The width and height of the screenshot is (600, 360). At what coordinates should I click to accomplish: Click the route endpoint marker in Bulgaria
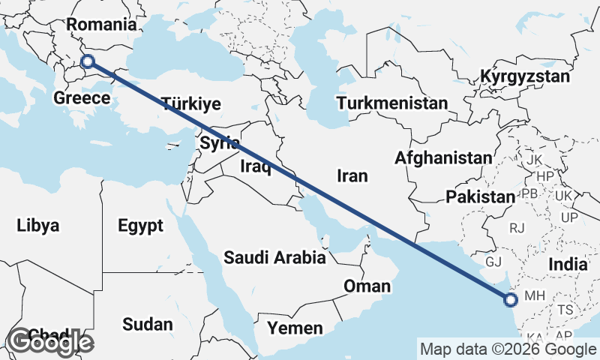(88, 62)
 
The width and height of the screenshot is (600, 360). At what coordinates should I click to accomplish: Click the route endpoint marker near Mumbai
(511, 301)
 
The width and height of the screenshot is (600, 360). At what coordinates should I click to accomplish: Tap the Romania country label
(101, 25)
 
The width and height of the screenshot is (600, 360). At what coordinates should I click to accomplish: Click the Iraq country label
(255, 166)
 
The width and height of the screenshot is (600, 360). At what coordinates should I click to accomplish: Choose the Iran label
(352, 175)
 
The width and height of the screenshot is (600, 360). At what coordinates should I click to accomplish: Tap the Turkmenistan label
(392, 103)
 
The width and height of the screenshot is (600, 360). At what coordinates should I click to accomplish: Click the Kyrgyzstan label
(525, 76)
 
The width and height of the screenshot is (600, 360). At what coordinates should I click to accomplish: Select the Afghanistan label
(443, 158)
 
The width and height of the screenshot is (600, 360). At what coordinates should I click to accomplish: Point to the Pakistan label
(480, 197)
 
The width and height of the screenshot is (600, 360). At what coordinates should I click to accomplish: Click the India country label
(567, 264)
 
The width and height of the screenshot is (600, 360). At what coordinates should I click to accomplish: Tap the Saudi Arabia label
(274, 258)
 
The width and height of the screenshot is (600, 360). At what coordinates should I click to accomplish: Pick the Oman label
(367, 286)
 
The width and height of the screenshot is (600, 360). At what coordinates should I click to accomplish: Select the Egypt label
(140, 225)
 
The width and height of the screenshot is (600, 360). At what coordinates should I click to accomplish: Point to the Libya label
(37, 225)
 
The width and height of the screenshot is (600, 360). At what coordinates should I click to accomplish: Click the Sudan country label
(147, 325)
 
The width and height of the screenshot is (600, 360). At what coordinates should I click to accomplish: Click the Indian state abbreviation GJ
(493, 262)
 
